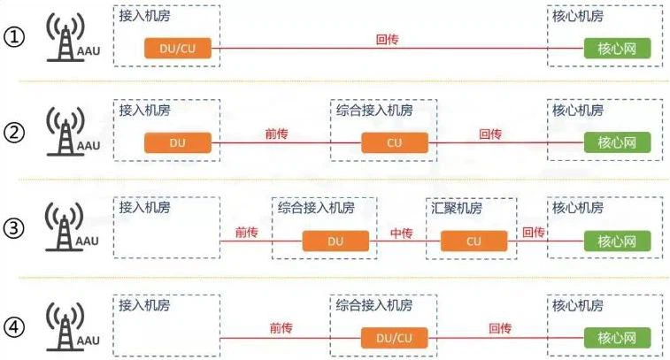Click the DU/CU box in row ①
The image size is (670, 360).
(x=180, y=49)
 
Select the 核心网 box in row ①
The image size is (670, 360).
(x=617, y=49)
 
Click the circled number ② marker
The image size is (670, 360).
(x=17, y=135)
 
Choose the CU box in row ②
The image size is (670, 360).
(x=395, y=142)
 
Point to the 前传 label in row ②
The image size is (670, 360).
(x=277, y=134)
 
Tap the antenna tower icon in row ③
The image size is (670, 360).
(x=64, y=229)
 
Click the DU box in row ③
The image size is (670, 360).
(x=335, y=241)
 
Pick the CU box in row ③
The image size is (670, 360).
(x=474, y=241)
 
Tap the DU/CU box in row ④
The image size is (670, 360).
(x=395, y=337)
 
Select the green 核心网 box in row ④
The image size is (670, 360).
(x=617, y=337)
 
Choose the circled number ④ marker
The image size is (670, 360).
(x=17, y=326)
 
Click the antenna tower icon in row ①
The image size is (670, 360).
(x=64, y=41)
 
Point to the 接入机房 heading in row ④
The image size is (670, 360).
(x=144, y=305)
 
